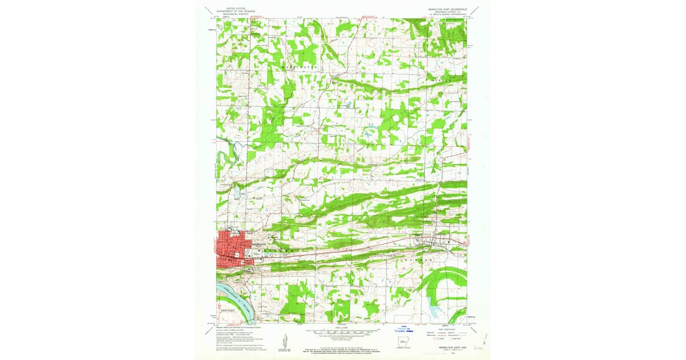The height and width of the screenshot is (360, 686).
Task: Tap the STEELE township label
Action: point(447,81)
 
